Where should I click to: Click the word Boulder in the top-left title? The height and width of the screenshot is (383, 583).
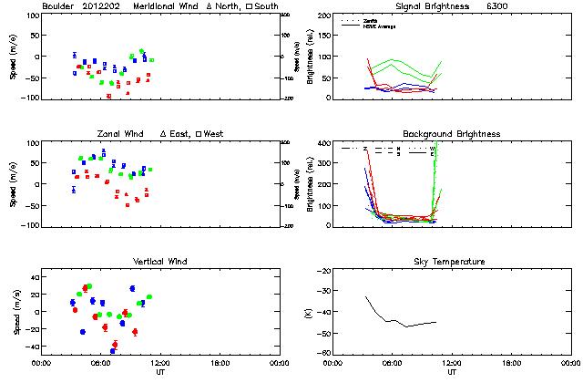(x=59, y=6)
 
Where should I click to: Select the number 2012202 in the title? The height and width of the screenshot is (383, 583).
(x=106, y=6)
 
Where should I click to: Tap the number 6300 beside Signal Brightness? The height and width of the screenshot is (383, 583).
(x=496, y=6)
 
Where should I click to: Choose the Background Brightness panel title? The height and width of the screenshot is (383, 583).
(x=452, y=134)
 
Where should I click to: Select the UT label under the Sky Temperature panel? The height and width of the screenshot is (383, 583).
(x=452, y=372)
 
